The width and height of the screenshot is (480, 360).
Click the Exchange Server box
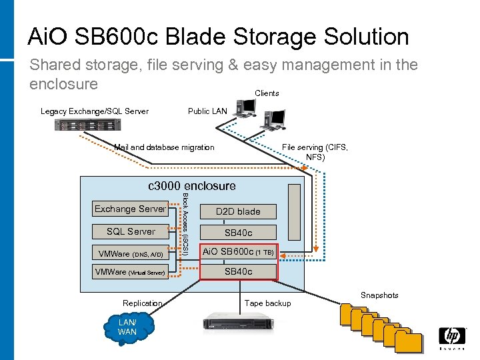click(130, 209)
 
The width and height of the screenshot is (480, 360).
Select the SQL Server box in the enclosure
click(131, 232)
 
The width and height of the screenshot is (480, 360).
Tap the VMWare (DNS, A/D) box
click(131, 254)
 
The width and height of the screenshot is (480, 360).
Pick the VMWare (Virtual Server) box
click(131, 272)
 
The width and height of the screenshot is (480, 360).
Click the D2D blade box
click(238, 212)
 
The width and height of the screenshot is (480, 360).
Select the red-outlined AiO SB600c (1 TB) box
click(238, 252)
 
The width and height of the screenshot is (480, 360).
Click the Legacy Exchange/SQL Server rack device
click(83, 125)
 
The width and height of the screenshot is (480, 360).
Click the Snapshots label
click(379, 295)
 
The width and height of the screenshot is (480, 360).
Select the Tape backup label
click(268, 303)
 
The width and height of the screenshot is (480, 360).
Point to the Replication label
click(142, 303)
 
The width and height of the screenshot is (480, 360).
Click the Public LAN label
click(207, 111)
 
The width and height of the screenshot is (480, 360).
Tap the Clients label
click(267, 93)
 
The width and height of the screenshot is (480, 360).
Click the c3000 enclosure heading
click(191, 186)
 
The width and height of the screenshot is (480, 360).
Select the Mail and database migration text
click(164, 147)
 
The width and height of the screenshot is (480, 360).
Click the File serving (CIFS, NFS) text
click(315, 152)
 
